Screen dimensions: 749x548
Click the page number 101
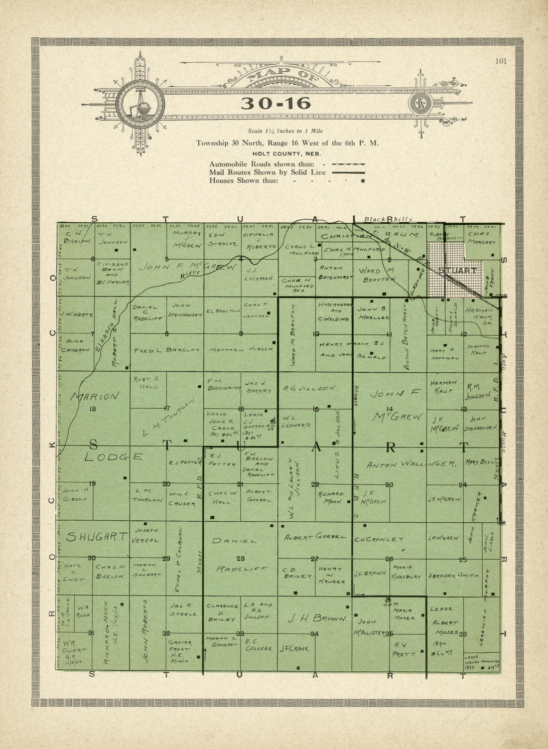501,62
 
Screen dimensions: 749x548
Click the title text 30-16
275,103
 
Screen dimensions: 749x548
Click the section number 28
241,558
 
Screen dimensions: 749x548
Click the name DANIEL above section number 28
234,541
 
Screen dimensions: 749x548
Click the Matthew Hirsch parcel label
241,350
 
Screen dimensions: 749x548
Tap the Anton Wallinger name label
411,464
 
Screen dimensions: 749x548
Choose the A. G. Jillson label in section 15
309,388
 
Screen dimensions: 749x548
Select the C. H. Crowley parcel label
382,539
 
